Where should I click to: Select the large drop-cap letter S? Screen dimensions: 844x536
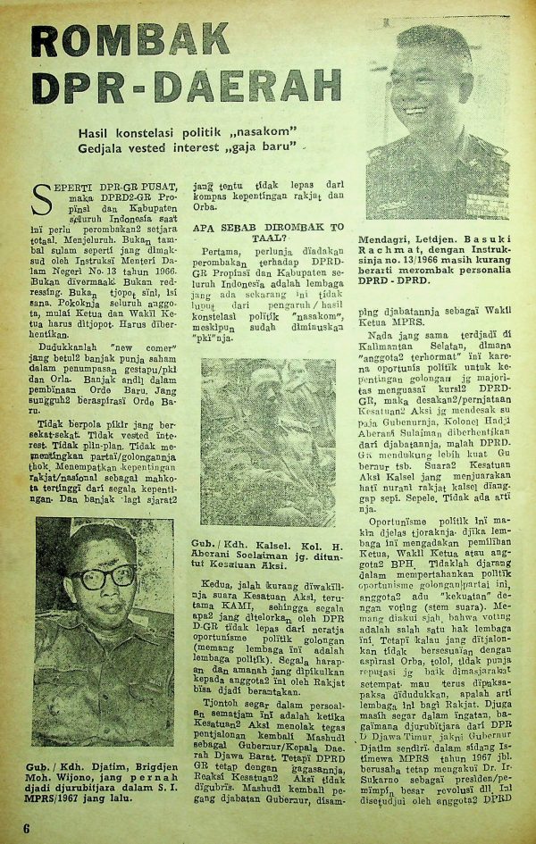point(44,196)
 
